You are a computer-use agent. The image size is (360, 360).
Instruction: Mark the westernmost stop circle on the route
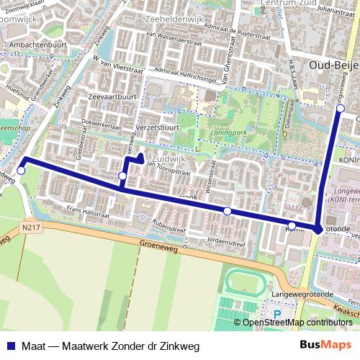[x=22, y=171]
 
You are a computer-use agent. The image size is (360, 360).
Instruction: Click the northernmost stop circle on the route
[x=341, y=108]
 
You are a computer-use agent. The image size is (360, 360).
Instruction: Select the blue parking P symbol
[x=278, y=314]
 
